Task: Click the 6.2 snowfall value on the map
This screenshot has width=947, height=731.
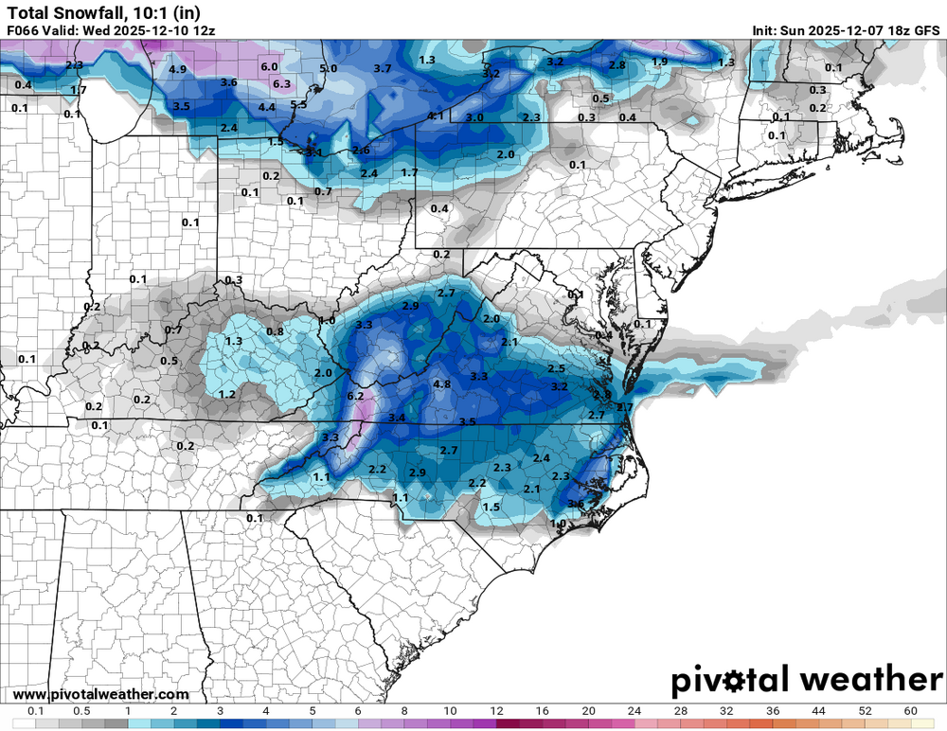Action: [x=356, y=396]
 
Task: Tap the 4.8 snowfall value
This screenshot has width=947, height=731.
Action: [x=441, y=384]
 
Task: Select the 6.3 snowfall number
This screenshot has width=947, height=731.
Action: [x=281, y=84]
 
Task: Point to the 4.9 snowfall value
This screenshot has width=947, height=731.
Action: [x=177, y=70]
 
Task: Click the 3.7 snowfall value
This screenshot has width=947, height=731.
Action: [x=383, y=69]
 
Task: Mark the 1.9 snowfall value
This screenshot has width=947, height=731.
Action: [x=660, y=62]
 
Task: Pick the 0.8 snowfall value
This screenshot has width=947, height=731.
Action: [x=275, y=331]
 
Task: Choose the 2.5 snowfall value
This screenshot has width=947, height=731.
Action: [x=557, y=368]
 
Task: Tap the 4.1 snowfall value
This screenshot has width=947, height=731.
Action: [x=437, y=116]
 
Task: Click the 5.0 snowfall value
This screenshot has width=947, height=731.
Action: [x=329, y=69]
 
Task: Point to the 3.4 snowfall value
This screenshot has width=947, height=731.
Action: [x=396, y=418]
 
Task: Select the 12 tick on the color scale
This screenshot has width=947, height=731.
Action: [x=496, y=710]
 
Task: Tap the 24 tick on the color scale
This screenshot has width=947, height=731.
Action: [x=634, y=710]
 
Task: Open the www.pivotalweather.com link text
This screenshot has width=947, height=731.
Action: [x=100, y=695]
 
